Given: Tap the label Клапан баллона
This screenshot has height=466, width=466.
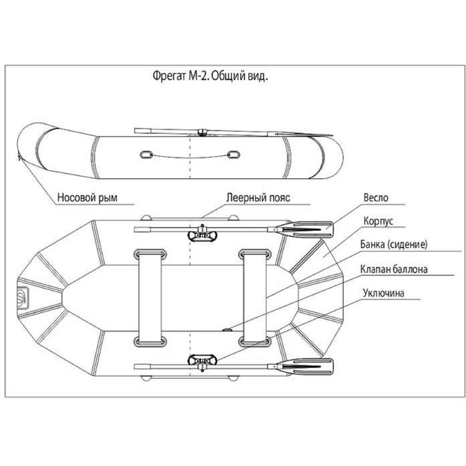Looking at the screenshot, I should pos(395,270).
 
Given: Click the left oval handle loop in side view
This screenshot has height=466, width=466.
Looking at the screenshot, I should pos(146,155).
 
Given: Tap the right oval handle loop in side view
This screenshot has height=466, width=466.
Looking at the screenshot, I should pos(233,155).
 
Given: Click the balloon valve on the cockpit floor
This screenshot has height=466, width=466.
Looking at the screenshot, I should pos(226,328).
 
